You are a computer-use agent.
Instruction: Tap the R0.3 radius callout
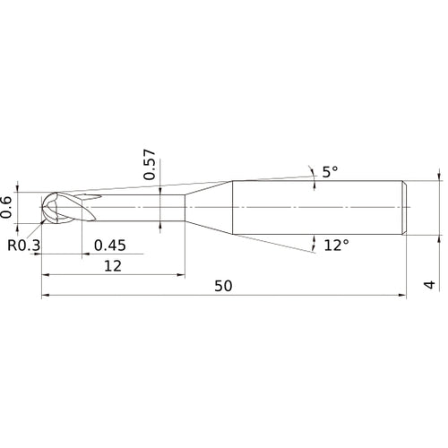(22, 244)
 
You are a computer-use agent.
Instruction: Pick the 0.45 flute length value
(109, 245)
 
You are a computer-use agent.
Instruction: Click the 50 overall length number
(224, 286)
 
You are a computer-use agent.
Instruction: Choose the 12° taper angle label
(337, 245)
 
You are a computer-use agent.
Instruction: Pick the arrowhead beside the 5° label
(310, 169)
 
